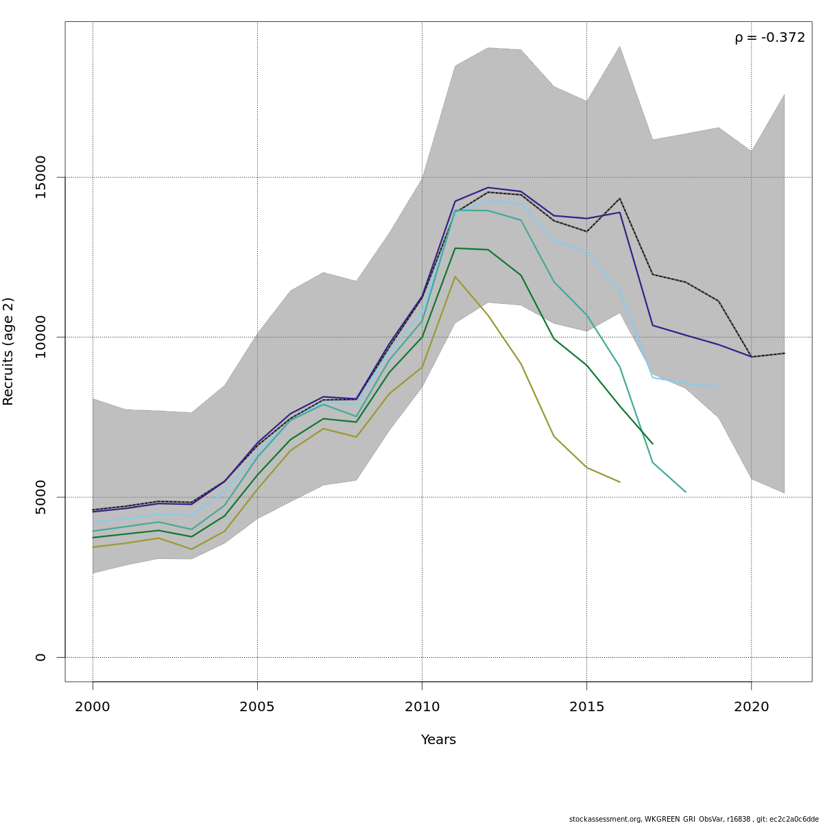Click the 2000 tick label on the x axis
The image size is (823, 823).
(x=93, y=706)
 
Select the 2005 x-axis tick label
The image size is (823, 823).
(x=257, y=706)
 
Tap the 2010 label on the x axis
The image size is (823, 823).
(x=422, y=706)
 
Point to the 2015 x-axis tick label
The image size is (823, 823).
(x=586, y=706)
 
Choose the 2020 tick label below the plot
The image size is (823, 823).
(x=752, y=706)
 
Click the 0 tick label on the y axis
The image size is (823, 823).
(x=40, y=657)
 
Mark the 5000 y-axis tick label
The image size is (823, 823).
(x=40, y=497)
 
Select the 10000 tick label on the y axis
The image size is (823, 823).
(x=40, y=337)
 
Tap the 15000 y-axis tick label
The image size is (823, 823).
(x=40, y=177)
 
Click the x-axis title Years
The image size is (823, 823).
(x=438, y=740)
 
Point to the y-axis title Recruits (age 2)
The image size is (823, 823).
(x=8, y=351)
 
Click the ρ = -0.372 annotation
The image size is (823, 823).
(x=770, y=38)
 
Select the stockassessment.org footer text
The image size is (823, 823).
(x=693, y=819)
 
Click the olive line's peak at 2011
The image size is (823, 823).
(x=455, y=276)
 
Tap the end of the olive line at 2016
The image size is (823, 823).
(x=619, y=482)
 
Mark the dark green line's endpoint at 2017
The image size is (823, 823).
(x=652, y=444)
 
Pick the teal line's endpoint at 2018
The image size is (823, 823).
(x=685, y=492)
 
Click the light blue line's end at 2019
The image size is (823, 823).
(x=718, y=388)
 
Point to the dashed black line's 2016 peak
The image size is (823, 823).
(x=619, y=199)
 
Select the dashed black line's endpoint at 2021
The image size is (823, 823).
(x=784, y=353)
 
